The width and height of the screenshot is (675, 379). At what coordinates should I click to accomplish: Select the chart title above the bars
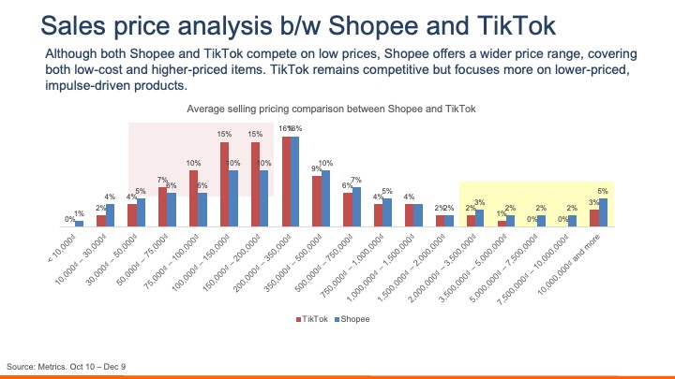pos(332,109)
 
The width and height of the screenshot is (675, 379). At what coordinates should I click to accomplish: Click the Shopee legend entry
pos(350,319)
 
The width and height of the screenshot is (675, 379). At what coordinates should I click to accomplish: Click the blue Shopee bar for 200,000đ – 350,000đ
pos(294,182)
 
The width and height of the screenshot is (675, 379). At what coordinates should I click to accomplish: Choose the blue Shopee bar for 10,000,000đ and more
pos(603,212)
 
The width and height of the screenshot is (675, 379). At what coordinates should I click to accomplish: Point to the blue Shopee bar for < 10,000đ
pos(80,224)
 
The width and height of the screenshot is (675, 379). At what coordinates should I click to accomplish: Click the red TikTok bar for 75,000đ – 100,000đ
pos(194,198)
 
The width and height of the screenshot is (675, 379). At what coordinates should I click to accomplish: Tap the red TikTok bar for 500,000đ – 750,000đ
pos(348,210)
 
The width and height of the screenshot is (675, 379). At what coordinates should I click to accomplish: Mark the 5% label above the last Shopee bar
pos(603,191)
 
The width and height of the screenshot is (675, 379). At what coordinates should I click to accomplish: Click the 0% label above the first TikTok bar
pos(68,219)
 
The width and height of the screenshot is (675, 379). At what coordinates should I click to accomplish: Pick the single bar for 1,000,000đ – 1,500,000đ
pos(410,215)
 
